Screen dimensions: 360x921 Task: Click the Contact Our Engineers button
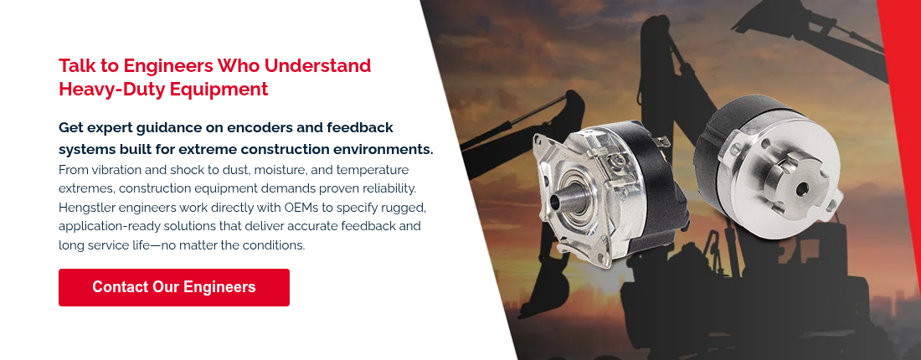pyautogui.click(x=173, y=287)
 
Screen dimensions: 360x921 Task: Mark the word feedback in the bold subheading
pyautogui.click(x=358, y=127)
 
